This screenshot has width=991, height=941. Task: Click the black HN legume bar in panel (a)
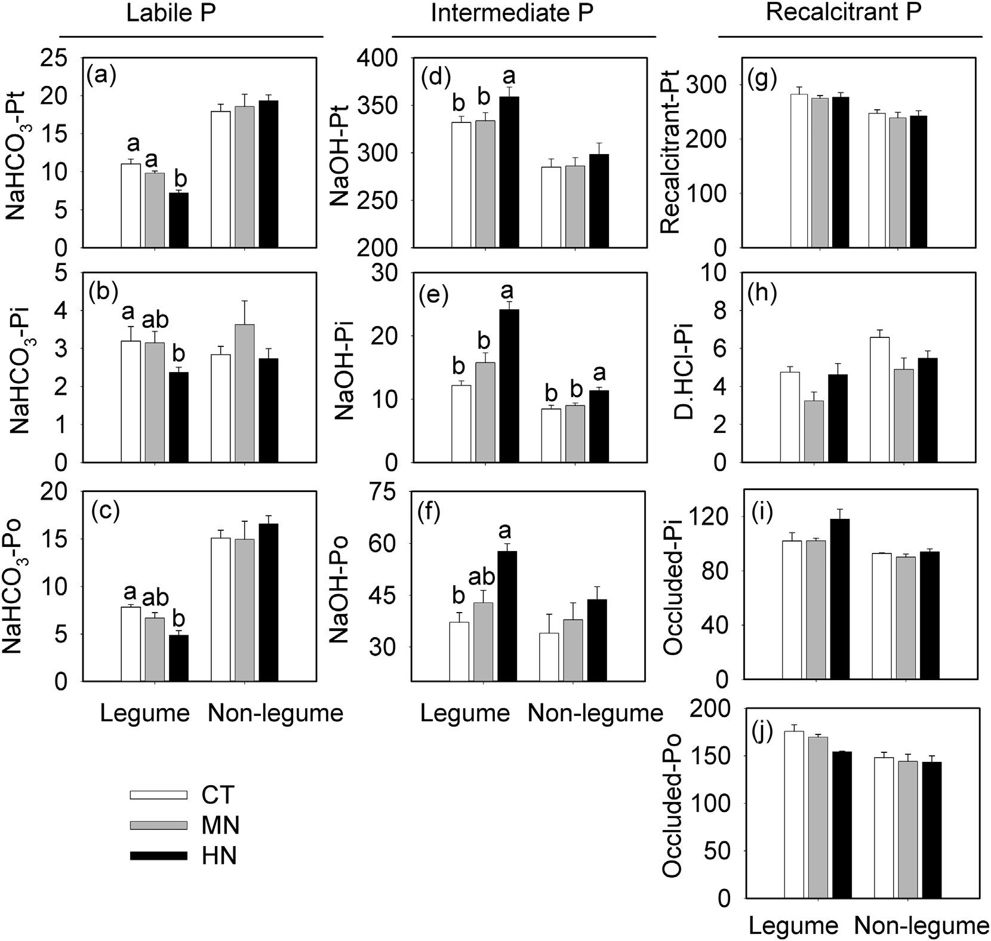click(178, 220)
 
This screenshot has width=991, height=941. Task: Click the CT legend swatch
click(158, 795)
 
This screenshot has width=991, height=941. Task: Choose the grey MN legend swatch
click(158, 825)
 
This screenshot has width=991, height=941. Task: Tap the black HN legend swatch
click(158, 856)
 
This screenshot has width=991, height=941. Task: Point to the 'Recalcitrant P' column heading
click(844, 13)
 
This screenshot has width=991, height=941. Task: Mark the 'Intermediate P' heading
click(512, 15)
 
